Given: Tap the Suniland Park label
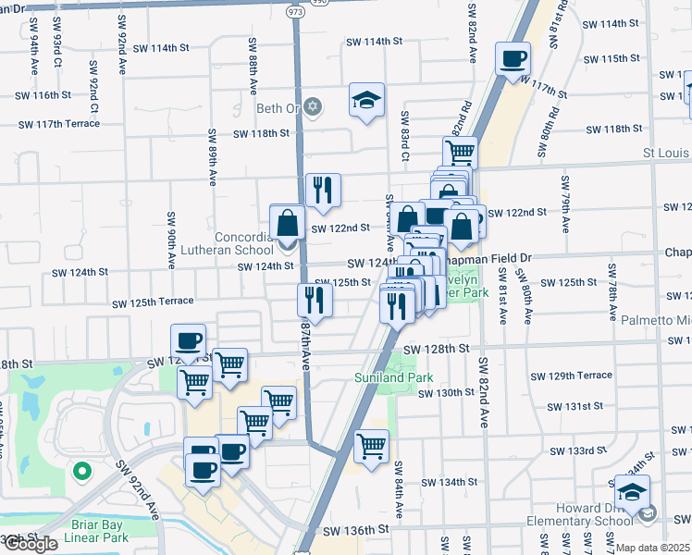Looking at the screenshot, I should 381,377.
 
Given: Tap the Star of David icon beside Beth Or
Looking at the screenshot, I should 313,108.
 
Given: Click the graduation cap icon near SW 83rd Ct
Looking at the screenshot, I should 366,101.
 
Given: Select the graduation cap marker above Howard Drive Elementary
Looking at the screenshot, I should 632,492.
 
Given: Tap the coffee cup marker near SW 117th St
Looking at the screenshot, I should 513,59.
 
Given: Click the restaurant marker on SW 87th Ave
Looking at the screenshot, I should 315,300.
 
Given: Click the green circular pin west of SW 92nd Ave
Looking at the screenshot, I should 81,472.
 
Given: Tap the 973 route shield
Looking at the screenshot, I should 295,13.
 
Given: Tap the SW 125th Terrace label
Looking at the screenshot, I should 154,303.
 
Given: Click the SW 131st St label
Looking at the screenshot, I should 574,406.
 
